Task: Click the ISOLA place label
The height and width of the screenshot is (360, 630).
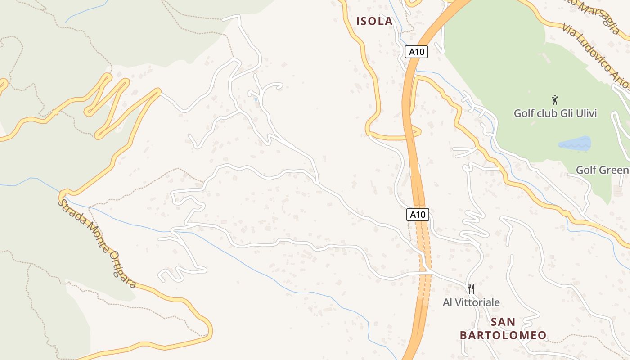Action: click(374, 21)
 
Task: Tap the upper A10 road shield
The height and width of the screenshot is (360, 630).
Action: click(416, 52)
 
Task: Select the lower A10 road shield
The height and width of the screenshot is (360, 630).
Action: click(418, 215)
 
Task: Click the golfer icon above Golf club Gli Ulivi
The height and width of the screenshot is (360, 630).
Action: click(555, 99)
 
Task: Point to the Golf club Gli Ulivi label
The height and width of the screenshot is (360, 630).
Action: click(555, 113)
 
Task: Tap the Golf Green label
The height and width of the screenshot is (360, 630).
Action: click(603, 170)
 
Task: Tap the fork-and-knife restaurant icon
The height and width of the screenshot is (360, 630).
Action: click(471, 288)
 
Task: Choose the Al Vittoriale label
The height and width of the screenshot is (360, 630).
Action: click(471, 302)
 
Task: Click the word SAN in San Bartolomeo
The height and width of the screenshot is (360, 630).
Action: click(503, 322)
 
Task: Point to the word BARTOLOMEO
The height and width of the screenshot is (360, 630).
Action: click(503, 335)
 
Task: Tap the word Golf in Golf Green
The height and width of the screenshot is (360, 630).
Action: click(586, 170)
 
